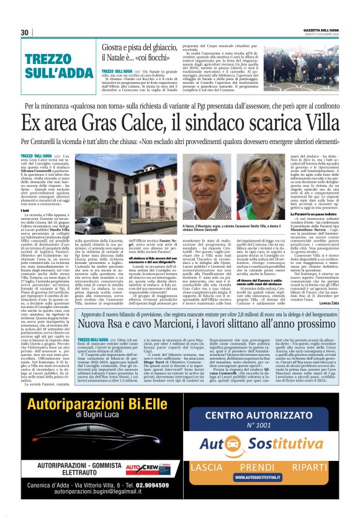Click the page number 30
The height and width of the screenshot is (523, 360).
tap(25, 32)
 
